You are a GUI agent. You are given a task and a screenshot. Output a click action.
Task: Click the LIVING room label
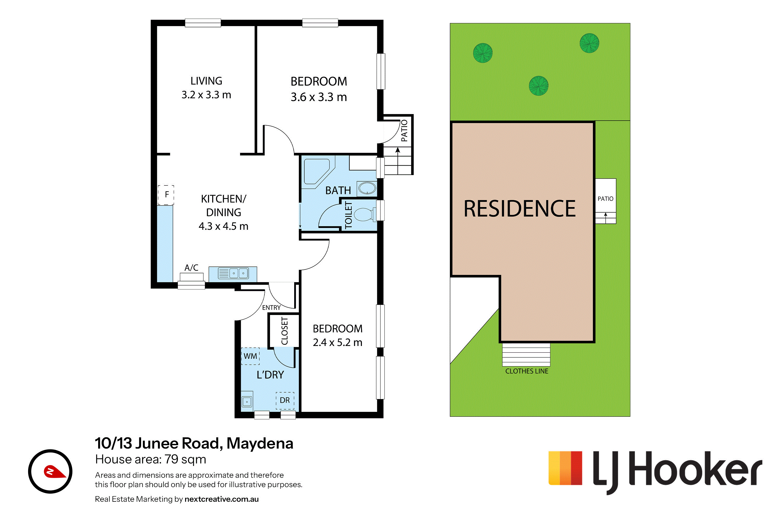pos(206,81)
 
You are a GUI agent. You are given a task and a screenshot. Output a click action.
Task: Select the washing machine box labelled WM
pos(250,356)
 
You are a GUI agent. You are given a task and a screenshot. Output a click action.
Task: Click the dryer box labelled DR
pos(285,400)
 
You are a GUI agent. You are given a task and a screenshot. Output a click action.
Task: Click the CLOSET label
pos(285,331)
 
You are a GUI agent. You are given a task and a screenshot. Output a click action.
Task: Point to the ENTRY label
pos(271,308)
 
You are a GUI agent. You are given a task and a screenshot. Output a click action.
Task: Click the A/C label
pos(191,268)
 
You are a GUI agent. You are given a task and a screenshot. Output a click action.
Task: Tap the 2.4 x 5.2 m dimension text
pos(337,342)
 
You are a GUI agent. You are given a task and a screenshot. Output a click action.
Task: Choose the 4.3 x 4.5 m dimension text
pos(223,226)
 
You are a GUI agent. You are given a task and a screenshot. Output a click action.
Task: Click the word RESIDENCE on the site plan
pos(520,209)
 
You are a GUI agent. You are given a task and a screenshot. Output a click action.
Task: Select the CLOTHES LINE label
pos(527,371)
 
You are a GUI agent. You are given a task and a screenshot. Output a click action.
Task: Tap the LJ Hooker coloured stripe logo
pos(565,468)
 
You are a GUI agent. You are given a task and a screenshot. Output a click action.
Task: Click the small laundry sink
pos(247,401)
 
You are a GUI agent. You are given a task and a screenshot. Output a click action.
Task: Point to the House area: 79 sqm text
pos(150,459)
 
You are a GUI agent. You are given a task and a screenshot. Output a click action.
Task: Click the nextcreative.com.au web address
pos(222,499)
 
